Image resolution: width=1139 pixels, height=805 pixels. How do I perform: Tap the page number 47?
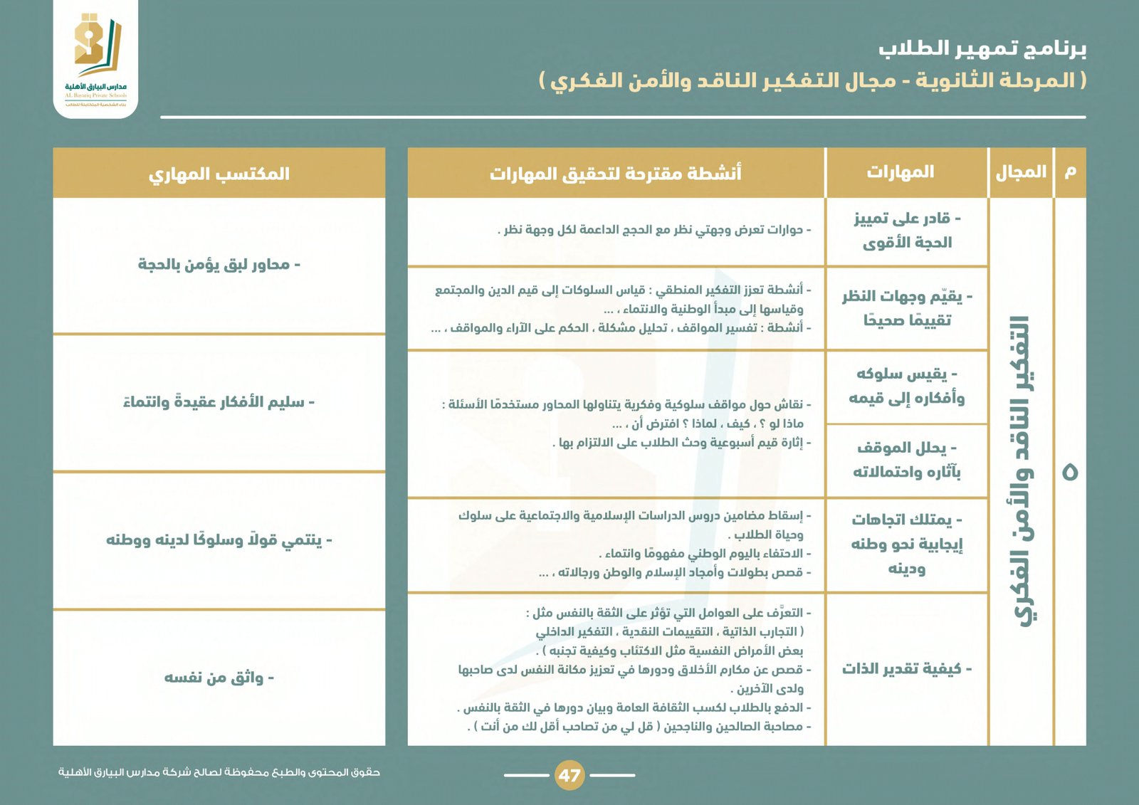point(569,775)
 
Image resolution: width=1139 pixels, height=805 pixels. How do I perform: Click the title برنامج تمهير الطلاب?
point(982,48)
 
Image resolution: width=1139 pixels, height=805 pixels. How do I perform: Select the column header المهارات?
point(900,172)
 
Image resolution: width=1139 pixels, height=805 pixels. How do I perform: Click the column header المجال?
point(1021,172)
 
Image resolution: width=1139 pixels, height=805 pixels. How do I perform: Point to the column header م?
point(1070,172)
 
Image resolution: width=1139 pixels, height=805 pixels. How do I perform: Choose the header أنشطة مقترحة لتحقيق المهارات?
point(615,174)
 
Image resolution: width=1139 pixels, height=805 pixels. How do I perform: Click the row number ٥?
point(1070,471)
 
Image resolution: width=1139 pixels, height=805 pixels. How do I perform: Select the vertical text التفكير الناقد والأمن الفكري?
point(1021,471)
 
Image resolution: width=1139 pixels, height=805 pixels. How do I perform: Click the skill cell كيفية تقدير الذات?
point(906,669)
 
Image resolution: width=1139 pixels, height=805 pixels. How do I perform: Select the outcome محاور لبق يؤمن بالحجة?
point(219,265)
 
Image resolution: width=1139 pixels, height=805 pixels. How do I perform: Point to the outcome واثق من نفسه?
point(219,678)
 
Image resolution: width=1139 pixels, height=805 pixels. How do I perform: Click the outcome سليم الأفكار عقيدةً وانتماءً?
point(219,403)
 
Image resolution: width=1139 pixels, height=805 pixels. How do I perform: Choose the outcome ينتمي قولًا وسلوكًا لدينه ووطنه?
point(219,540)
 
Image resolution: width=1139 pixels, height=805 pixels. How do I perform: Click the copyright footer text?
point(219,772)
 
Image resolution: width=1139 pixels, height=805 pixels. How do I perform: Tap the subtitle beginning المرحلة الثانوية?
point(812,80)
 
